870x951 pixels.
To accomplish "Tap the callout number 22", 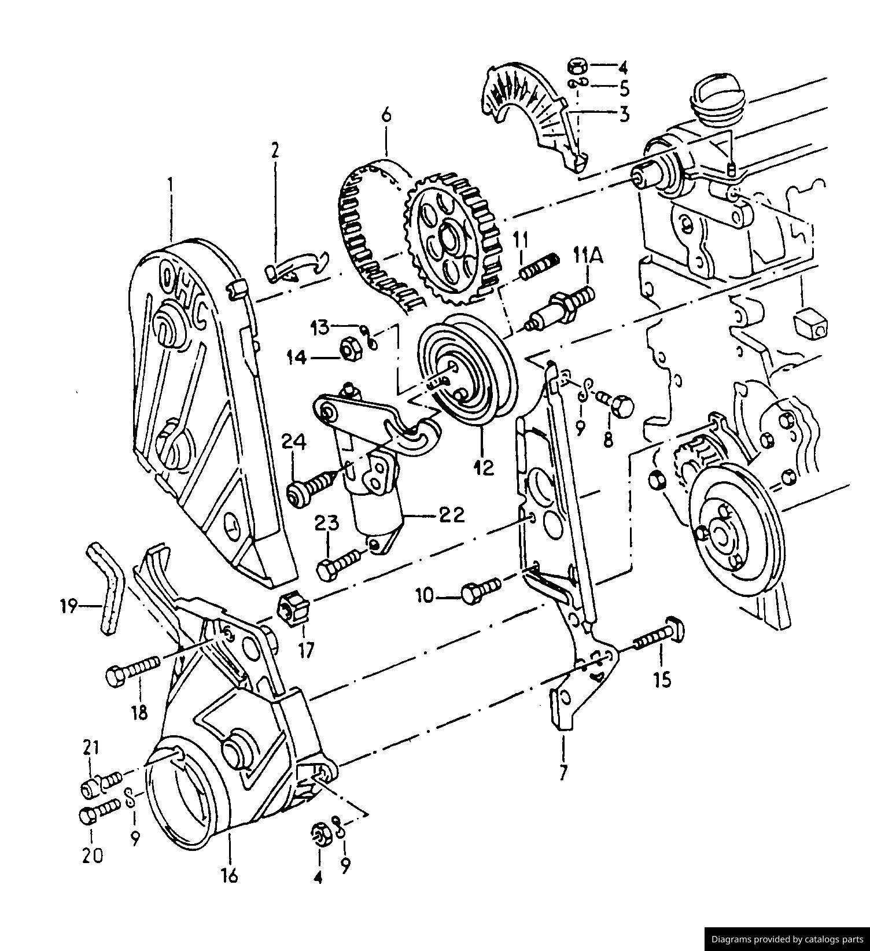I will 451,514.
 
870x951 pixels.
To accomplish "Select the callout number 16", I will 230,876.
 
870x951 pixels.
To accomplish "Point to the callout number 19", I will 68,606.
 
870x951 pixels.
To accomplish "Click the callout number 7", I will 563,773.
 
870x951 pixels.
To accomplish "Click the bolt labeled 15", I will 659,636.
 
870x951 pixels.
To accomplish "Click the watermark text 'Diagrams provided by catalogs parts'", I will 787,939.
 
